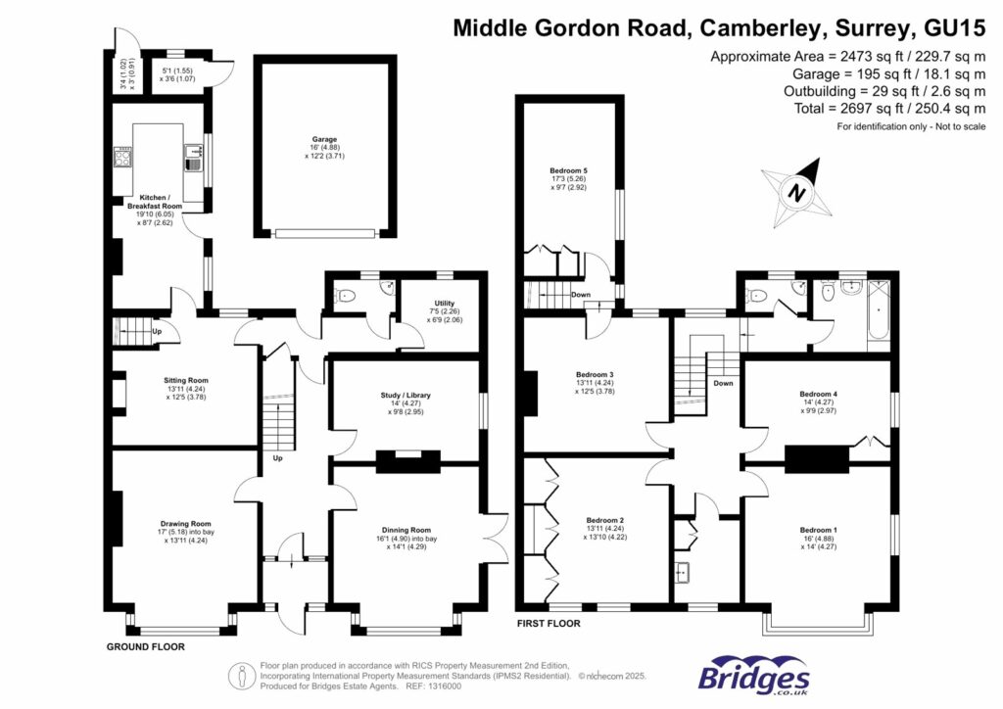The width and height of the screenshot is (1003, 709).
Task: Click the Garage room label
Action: tap(326, 141)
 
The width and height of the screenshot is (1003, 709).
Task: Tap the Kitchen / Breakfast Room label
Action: tap(155, 201)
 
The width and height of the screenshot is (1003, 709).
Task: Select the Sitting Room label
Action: tap(186, 380)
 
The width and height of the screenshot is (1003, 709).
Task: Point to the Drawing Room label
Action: tap(186, 524)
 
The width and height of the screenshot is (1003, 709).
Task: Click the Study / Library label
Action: tap(406, 395)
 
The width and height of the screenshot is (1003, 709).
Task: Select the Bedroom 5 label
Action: tap(568, 171)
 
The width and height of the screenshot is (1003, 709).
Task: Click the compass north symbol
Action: tap(798, 191)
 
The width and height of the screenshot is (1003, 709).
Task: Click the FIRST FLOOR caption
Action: tap(549, 623)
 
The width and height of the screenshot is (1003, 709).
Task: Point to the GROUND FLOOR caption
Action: tap(145, 646)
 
